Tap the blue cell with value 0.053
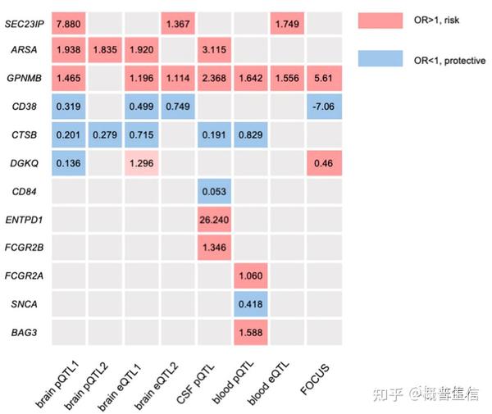[x=215, y=191]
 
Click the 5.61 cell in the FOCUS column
[x=322, y=78]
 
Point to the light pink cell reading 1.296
[x=143, y=162]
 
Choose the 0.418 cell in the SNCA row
[x=250, y=303]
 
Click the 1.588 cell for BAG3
[x=250, y=332]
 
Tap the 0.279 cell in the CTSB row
[x=107, y=134]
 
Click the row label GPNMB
[x=25, y=78]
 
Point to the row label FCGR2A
[x=25, y=275]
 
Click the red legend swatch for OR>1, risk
[x=380, y=20]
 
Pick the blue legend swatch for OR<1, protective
[x=380, y=59]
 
